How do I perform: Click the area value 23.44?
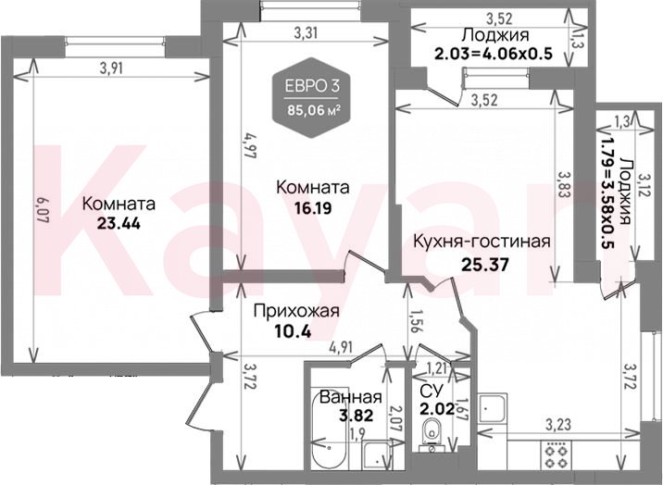(119, 223)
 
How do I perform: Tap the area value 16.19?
(313, 208)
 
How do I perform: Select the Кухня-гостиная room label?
(482, 242)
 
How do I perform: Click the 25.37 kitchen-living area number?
(485, 265)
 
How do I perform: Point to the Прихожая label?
(296, 311)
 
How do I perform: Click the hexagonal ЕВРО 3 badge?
(312, 97)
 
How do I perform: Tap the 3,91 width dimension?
(111, 68)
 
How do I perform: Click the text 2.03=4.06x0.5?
(494, 54)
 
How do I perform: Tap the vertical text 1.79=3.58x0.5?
(608, 193)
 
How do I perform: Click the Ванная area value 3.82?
(357, 416)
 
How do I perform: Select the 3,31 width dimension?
(306, 32)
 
